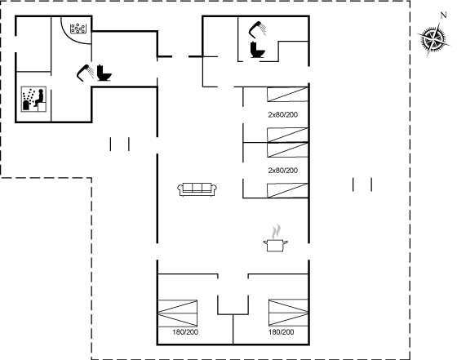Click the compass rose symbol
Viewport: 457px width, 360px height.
(x=433, y=39)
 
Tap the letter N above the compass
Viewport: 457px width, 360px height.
(x=443, y=16)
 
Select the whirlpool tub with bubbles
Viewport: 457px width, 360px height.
(x=78, y=29)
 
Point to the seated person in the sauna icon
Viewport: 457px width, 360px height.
(x=40, y=98)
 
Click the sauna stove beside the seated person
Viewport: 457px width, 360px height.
(x=26, y=105)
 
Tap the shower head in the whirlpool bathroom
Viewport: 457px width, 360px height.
(x=85, y=72)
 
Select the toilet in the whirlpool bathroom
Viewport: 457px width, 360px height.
(x=104, y=73)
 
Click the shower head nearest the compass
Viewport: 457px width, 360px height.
(x=257, y=29)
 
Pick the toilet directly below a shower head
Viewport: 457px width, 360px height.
(x=257, y=50)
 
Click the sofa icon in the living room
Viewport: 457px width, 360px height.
(x=197, y=189)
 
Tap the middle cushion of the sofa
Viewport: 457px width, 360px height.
(x=197, y=187)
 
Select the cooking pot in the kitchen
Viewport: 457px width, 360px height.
(x=276, y=245)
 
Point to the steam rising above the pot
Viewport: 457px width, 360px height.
(x=276, y=231)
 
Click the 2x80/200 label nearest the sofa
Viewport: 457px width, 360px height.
(x=282, y=171)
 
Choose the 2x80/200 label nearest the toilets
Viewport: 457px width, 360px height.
(x=282, y=115)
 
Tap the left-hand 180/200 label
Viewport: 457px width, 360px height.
(x=185, y=332)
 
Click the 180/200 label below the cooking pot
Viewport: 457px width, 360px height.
(x=281, y=332)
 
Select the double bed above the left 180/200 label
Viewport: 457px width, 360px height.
(x=178, y=313)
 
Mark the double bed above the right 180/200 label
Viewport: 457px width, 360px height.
(x=288, y=313)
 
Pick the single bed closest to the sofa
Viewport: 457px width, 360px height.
(x=287, y=190)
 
